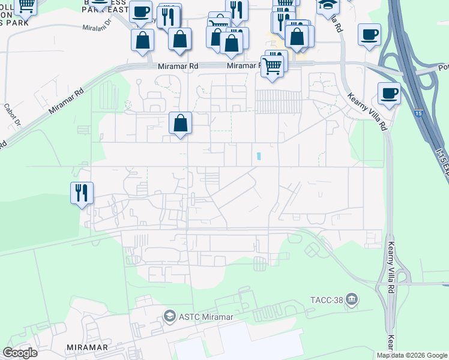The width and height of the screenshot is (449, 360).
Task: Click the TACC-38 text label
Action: pyautogui.click(x=326, y=299)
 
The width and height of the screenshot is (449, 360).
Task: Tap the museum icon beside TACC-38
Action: pyautogui.click(x=352, y=299)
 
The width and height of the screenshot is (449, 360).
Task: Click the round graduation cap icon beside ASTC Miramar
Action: pyautogui.click(x=170, y=316)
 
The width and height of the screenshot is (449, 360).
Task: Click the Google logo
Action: pyautogui.click(x=20, y=353)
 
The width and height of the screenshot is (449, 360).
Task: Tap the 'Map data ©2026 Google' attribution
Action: pyautogui.click(x=412, y=355)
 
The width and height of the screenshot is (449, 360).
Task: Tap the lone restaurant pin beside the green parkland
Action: pyautogui.click(x=82, y=193)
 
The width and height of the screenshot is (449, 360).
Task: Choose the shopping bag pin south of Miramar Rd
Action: pyautogui.click(x=180, y=124)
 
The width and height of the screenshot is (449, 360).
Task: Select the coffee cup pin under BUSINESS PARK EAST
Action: pyautogui.click(x=140, y=12)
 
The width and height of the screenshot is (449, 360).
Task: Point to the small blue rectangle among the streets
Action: pyautogui.click(x=259, y=156)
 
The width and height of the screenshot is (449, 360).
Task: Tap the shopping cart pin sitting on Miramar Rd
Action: pyautogui.click(x=273, y=66)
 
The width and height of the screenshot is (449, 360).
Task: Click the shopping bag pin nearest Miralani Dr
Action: pyautogui.click(x=142, y=41)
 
